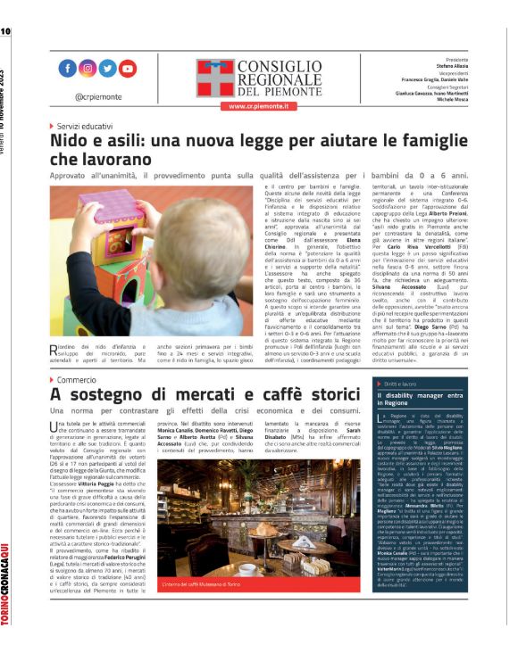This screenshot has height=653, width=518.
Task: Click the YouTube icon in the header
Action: (129, 69)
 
